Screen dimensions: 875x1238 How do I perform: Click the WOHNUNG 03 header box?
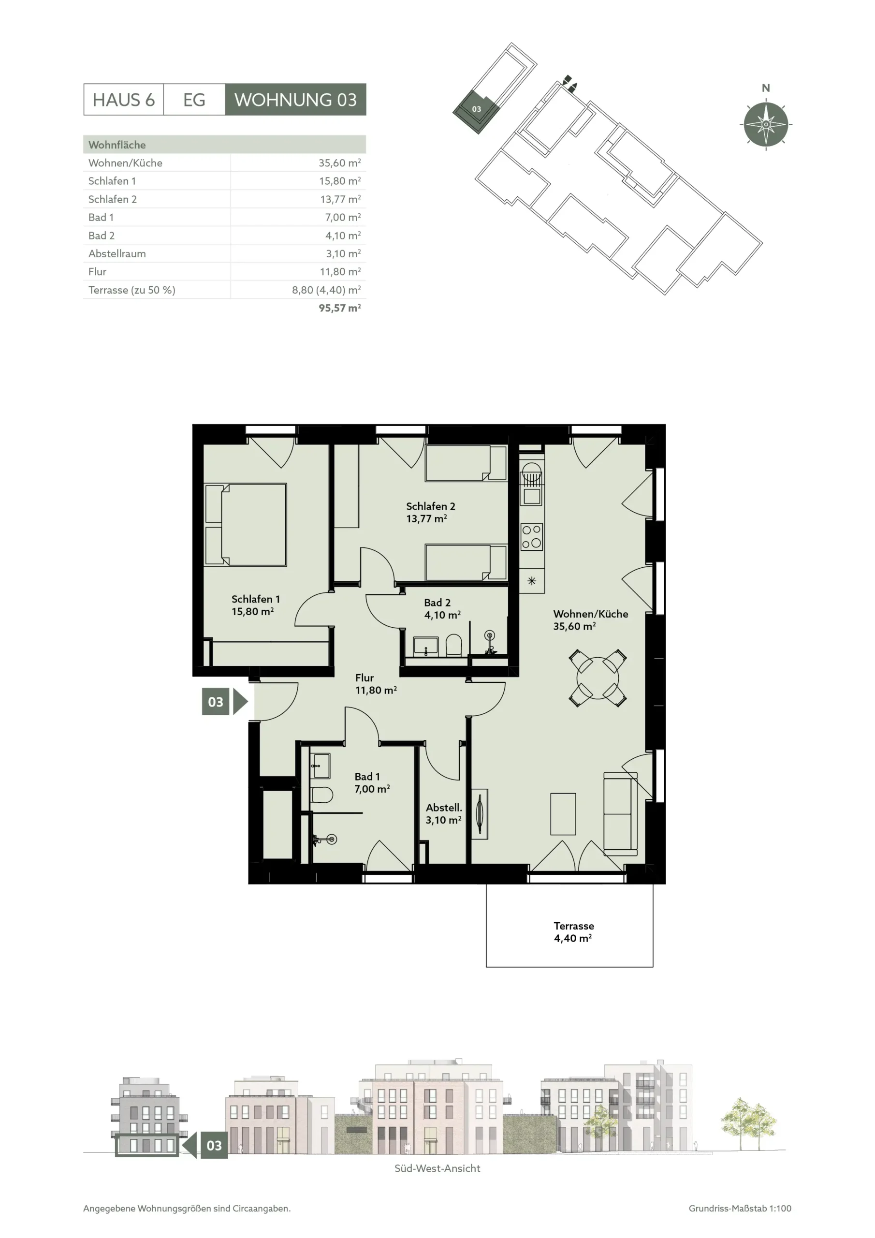point(295,99)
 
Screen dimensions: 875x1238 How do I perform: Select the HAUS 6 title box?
point(123,99)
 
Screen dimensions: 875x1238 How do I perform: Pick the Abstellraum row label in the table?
point(117,253)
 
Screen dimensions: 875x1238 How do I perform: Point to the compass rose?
point(766,124)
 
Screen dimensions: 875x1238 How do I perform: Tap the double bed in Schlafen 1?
point(246,524)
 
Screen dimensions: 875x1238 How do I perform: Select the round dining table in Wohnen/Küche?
point(598,678)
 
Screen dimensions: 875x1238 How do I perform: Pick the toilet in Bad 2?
point(454,645)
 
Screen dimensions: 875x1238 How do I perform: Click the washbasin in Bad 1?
point(321,766)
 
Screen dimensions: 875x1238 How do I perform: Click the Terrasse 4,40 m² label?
point(574,932)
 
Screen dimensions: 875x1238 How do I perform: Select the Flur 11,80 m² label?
point(376,684)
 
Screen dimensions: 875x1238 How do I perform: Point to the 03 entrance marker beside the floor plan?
point(225,702)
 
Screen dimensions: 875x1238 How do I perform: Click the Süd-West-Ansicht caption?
point(437,1168)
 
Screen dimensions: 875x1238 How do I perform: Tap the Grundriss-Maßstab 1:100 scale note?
point(740,1209)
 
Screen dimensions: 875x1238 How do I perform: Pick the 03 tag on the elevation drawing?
point(214,1145)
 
